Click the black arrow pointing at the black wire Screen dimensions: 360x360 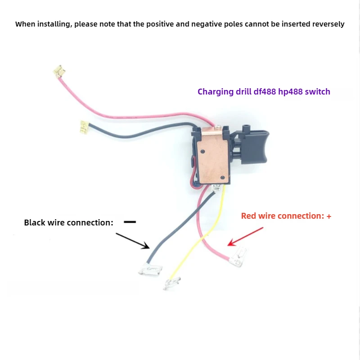[x=133, y=240]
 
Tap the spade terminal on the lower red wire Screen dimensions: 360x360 [x=237, y=259]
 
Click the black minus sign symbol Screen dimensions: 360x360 [x=130, y=222]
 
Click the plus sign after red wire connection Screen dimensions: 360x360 [x=329, y=216]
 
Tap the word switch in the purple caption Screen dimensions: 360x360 [x=318, y=92]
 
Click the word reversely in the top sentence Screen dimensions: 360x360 [x=328, y=24]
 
